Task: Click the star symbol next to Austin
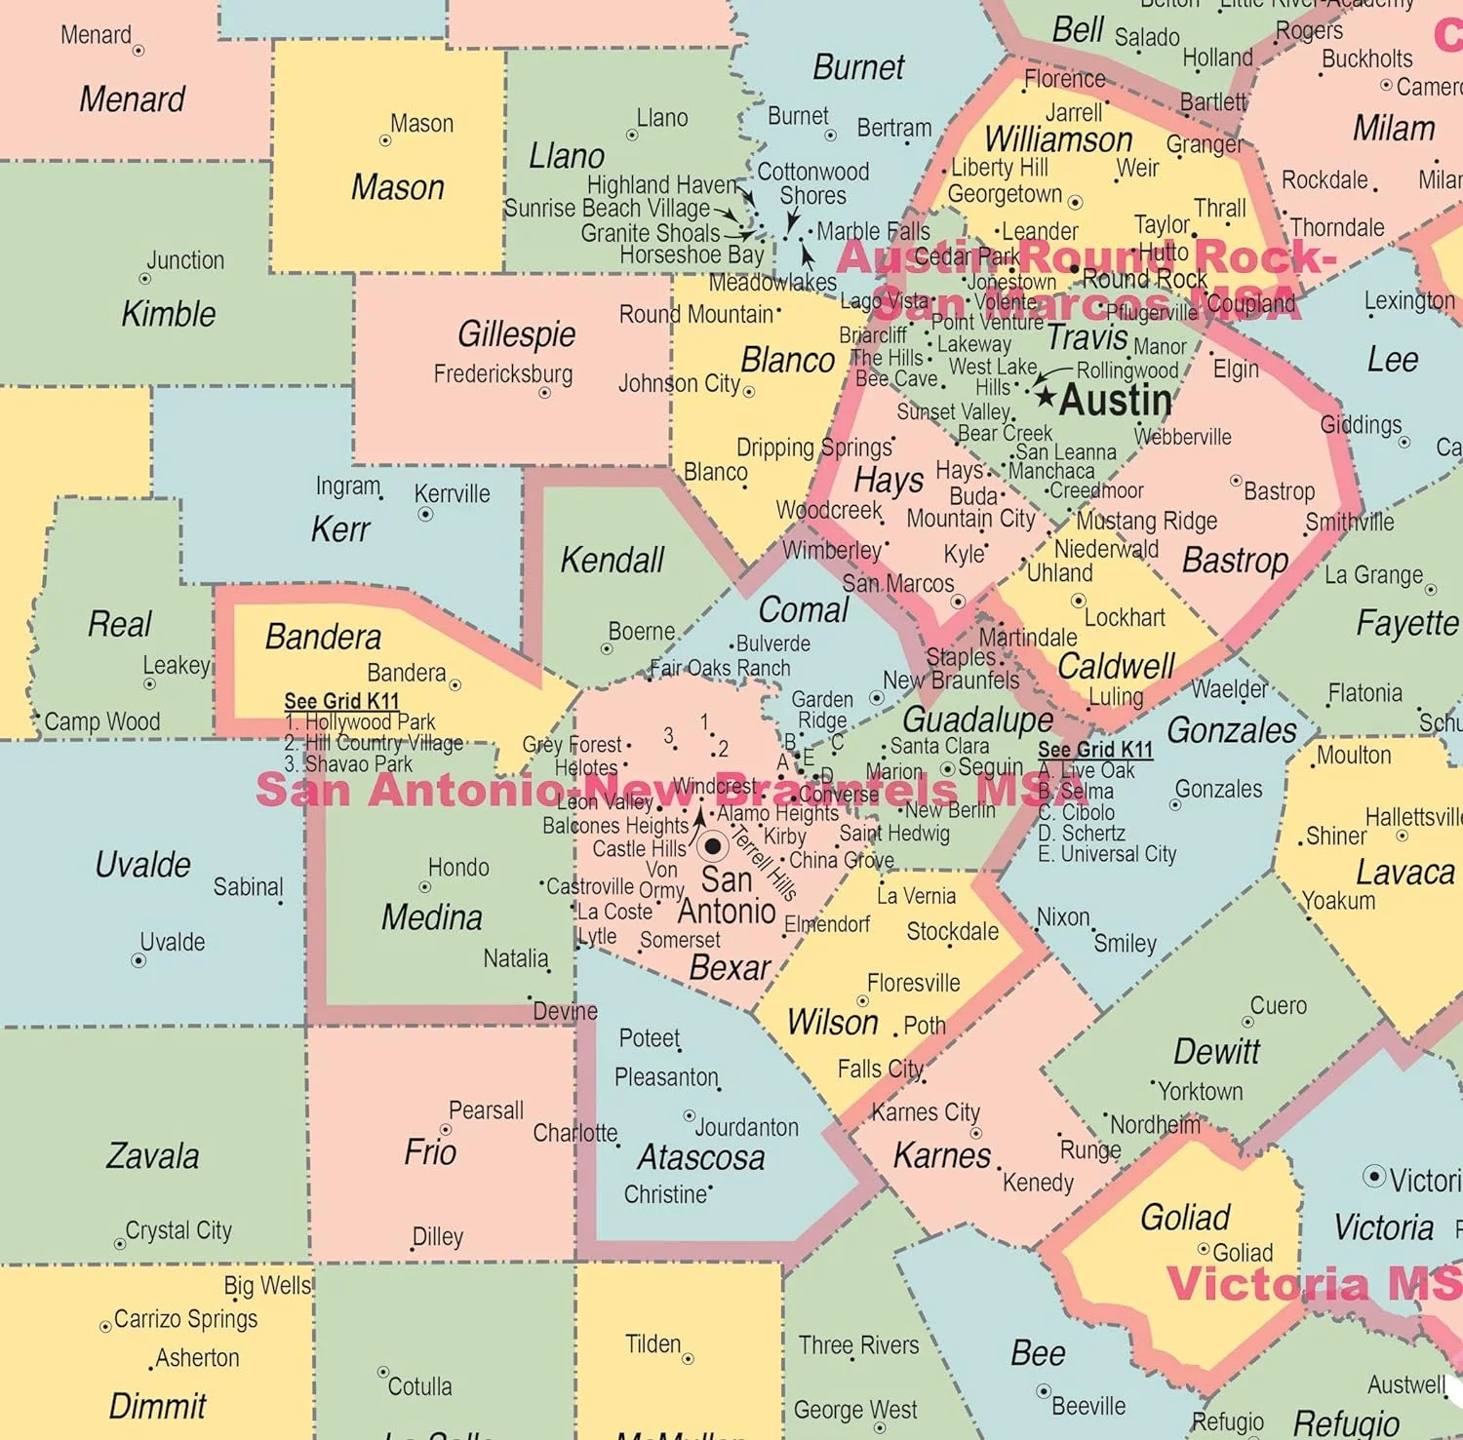(1046, 396)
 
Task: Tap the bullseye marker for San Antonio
(713, 845)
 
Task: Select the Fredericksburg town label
(503, 373)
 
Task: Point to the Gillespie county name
(516, 333)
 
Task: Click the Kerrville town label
(452, 493)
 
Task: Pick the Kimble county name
(168, 313)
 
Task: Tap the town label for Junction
(185, 260)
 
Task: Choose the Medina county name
(431, 916)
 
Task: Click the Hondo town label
(458, 867)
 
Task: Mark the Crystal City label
(178, 1230)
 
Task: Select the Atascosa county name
(700, 1157)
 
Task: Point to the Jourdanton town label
(746, 1127)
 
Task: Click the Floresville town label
(913, 983)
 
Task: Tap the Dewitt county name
(1216, 1051)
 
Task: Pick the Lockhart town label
(1125, 617)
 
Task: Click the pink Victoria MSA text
(1313, 1283)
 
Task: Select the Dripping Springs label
(813, 448)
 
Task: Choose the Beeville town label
(1088, 1406)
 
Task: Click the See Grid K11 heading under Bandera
(341, 701)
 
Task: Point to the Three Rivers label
(858, 1345)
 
